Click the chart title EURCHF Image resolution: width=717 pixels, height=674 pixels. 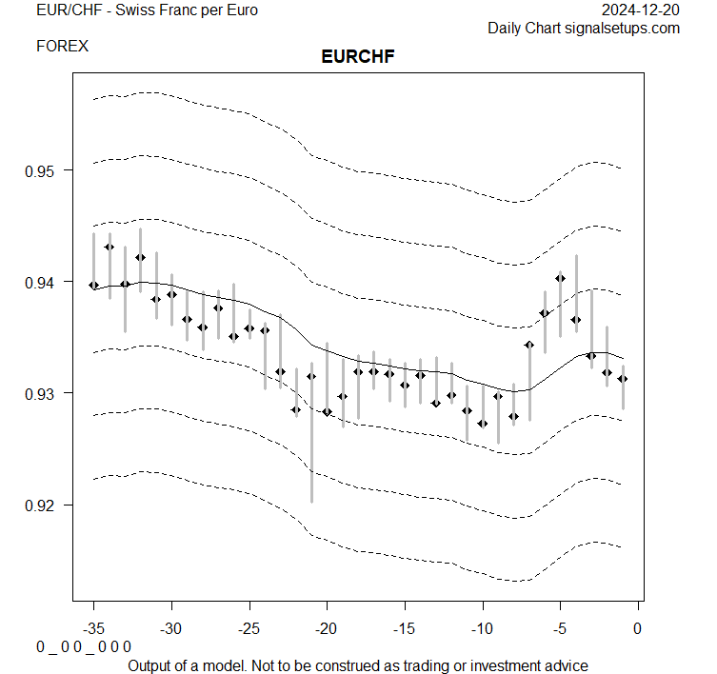358,56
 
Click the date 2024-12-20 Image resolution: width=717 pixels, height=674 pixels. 642,10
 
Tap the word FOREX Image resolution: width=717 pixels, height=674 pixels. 62,46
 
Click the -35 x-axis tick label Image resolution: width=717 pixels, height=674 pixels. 93,628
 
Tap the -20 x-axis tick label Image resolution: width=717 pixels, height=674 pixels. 327,628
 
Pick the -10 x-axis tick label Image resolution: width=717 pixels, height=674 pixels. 482,628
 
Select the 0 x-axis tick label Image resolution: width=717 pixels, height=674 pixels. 637,628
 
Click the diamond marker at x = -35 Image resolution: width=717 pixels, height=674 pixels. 93,285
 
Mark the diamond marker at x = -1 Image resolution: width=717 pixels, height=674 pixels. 623,378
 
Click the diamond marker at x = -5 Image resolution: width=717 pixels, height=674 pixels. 561,278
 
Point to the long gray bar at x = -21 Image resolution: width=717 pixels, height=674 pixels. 311,438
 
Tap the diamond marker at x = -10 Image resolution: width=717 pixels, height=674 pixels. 483,423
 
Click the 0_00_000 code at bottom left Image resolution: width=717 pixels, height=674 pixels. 84,646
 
